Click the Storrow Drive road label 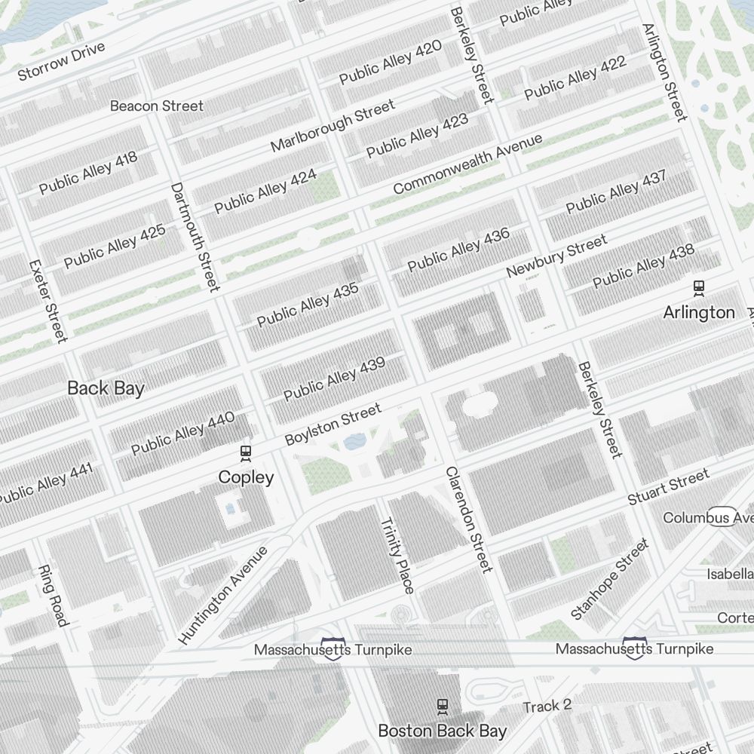tap(61, 63)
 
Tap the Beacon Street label tap(157, 106)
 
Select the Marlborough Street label tap(333, 125)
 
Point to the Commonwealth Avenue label tap(467, 164)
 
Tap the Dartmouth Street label tap(195, 237)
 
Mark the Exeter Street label tap(48, 300)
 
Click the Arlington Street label tap(664, 72)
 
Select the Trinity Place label tap(397, 556)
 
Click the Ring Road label tap(53, 596)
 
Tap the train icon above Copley tap(245, 453)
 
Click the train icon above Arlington tap(699, 287)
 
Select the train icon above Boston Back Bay tap(443, 706)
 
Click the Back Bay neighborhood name tap(106, 388)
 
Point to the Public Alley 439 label tap(334, 379)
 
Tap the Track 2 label tap(547, 706)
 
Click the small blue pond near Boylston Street tap(354, 442)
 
